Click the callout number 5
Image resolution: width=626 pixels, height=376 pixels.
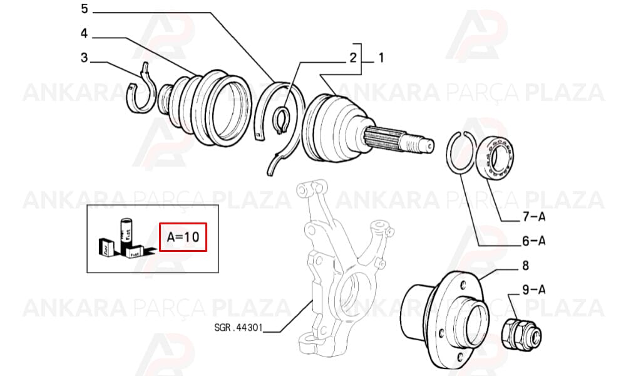coord(85,8)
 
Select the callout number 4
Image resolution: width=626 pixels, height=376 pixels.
coord(84,33)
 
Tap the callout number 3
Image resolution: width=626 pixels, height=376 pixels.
coord(84,58)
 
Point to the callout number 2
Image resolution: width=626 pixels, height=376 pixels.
coord(353,58)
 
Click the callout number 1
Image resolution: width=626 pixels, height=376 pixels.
coord(381,58)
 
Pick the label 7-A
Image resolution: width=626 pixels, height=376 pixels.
coord(534,217)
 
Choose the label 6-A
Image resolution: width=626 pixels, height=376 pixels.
coord(534,241)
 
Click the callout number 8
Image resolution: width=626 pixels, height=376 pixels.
coord(525,265)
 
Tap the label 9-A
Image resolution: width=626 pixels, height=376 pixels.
coord(534,290)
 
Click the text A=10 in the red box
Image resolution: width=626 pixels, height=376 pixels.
coord(183,237)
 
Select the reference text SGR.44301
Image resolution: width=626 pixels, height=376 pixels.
coord(239,328)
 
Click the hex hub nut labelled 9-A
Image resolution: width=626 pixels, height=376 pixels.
coord(521,335)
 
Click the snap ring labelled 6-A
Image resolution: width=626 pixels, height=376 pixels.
coord(448,160)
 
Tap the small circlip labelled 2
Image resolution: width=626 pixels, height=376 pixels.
coord(279,121)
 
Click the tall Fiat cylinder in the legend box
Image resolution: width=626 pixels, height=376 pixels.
coord(126,232)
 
